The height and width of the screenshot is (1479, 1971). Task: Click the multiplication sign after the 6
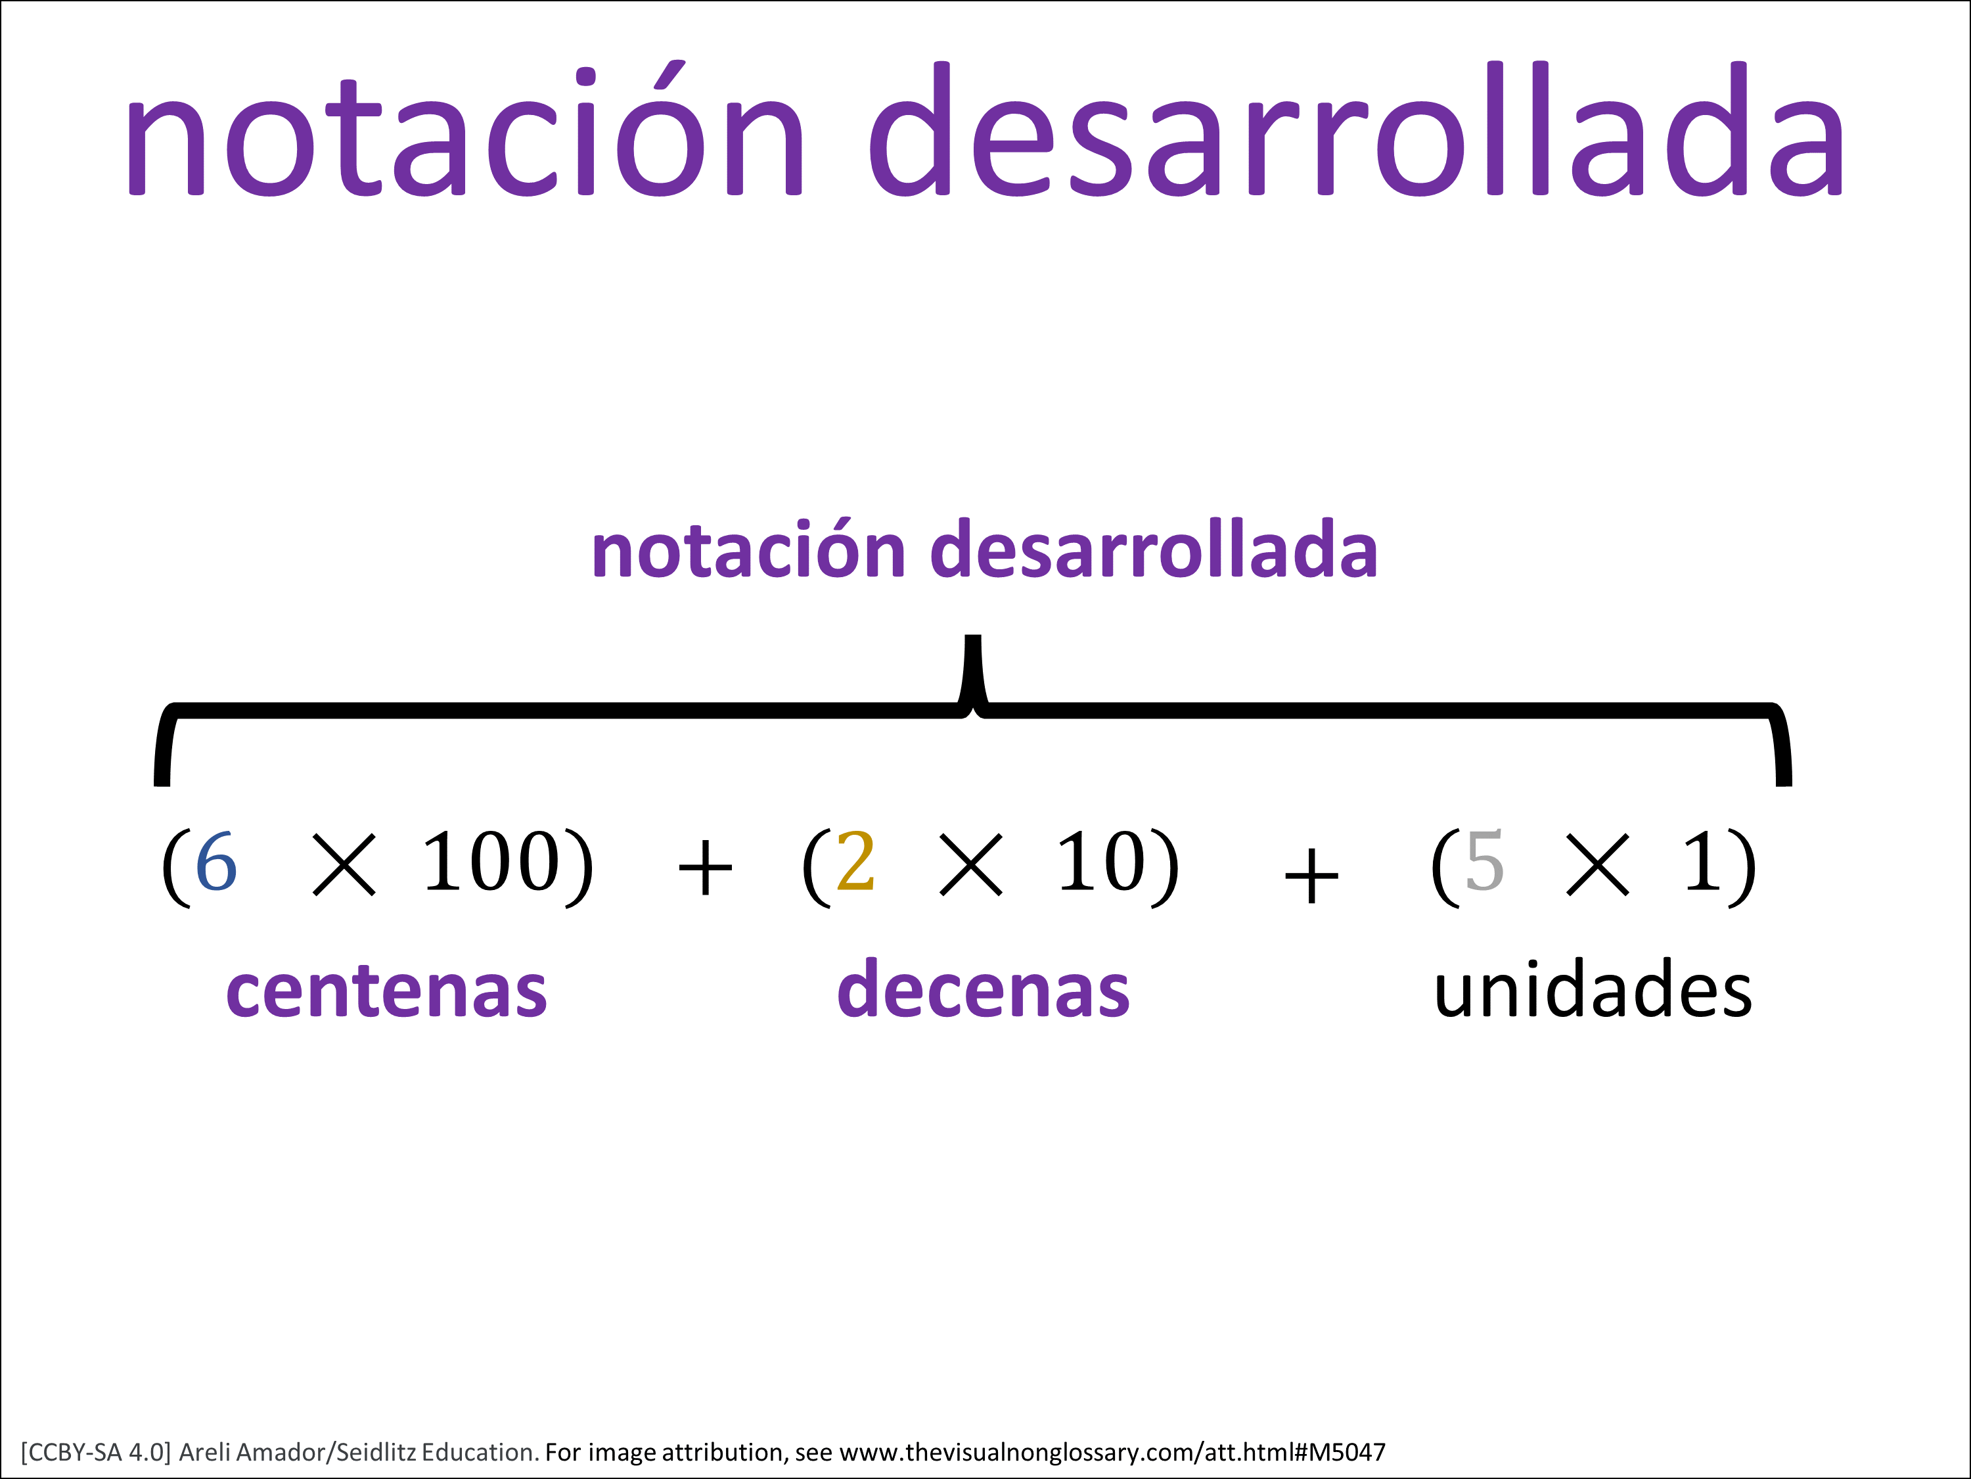coord(345,865)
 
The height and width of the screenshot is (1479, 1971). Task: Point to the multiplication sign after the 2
coord(971,865)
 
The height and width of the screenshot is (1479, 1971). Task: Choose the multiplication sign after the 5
coord(1598,865)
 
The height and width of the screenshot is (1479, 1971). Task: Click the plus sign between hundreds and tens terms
coord(706,868)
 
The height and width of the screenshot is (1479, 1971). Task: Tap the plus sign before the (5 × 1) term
coord(1311,876)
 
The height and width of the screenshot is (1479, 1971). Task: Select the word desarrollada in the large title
coord(1357,128)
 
